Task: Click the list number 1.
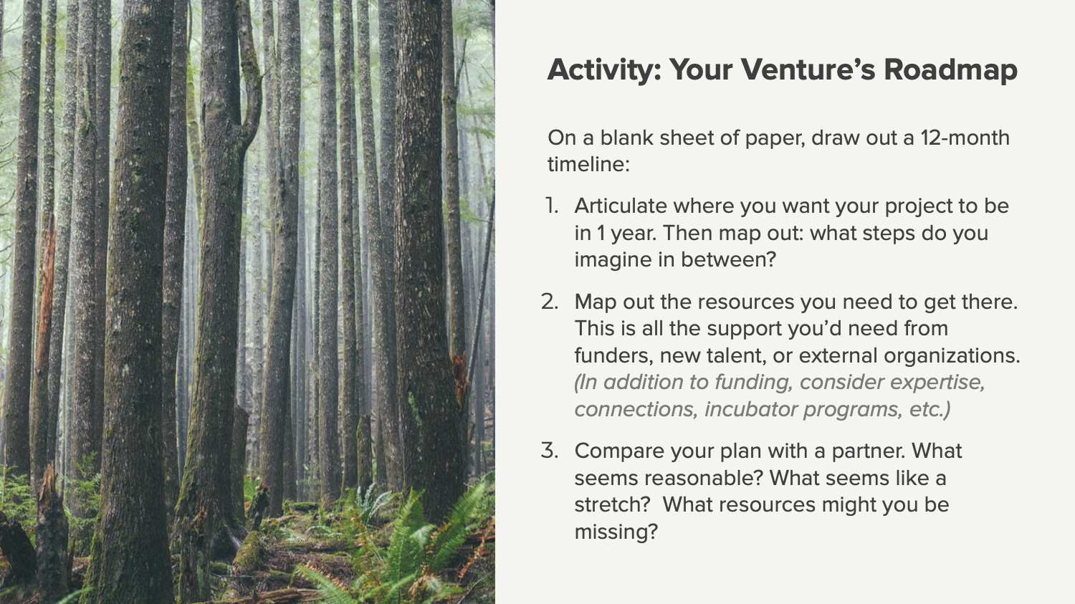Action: tap(551, 206)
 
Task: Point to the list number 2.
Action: tap(550, 302)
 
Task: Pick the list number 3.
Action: tap(550, 451)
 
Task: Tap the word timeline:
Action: tap(588, 165)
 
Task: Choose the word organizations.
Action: tap(952, 356)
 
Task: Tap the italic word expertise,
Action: tap(937, 383)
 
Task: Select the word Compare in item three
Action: tap(618, 451)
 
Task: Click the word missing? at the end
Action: tap(616, 532)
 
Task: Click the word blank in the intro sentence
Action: tap(627, 138)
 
